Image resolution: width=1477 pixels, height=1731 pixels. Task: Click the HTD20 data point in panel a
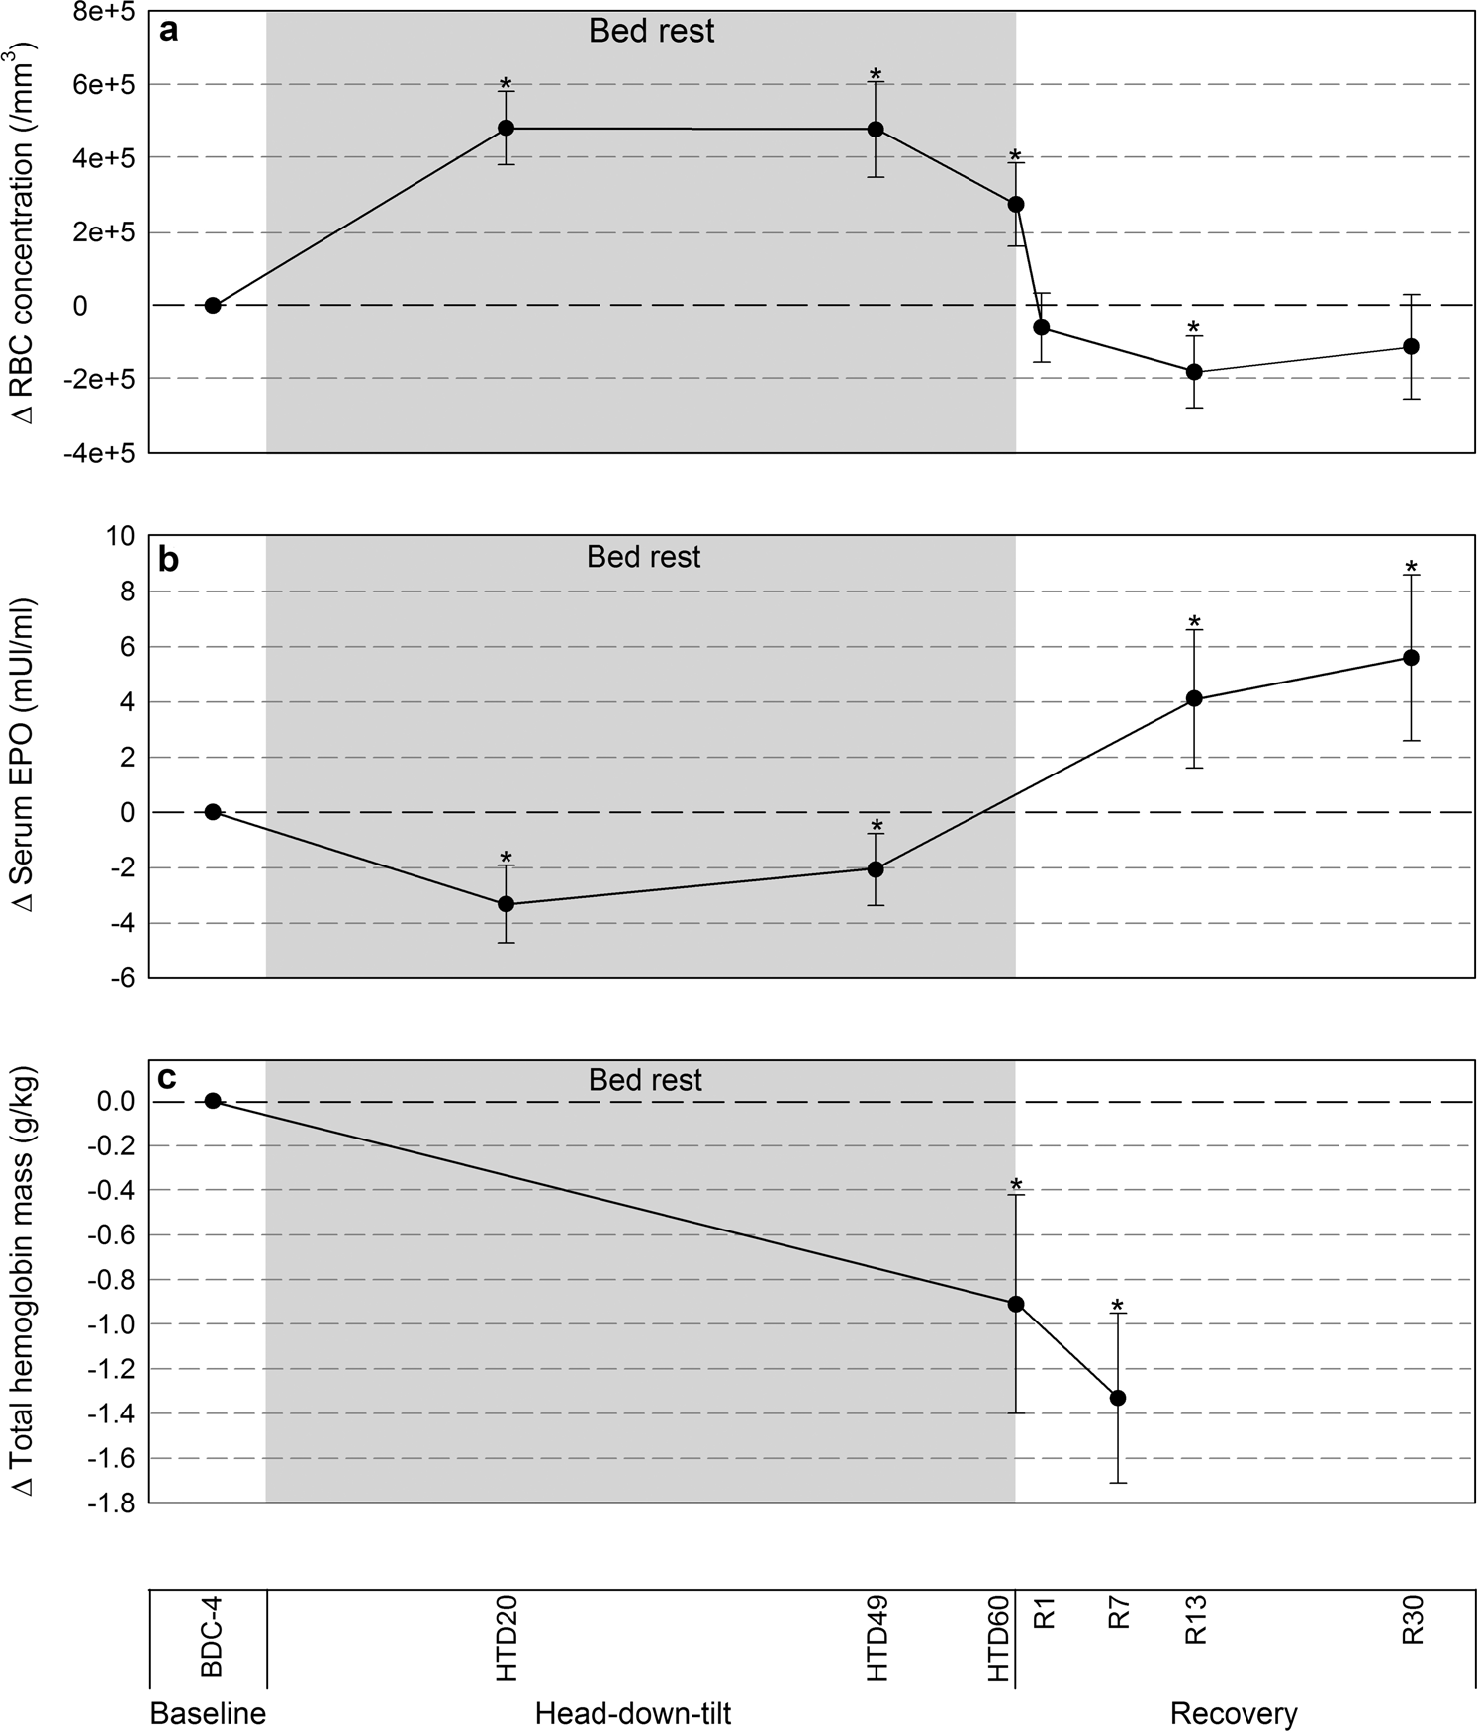(506, 128)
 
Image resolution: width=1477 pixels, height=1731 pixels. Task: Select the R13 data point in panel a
(1194, 372)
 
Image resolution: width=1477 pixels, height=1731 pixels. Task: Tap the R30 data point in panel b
(1412, 658)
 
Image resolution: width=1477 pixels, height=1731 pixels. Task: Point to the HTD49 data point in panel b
(876, 869)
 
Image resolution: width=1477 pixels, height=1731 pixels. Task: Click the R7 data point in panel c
(1119, 1398)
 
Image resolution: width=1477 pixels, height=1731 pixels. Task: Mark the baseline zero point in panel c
(212, 1101)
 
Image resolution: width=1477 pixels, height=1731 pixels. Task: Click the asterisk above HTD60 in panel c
(1016, 1185)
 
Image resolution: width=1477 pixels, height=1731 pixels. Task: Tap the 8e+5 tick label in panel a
(110, 12)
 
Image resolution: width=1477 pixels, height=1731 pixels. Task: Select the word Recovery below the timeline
(1233, 1712)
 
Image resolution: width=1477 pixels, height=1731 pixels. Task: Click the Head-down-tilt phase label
(633, 1712)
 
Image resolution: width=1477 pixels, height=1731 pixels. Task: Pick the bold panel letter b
(169, 561)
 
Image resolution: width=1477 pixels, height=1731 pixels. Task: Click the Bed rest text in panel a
(651, 32)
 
